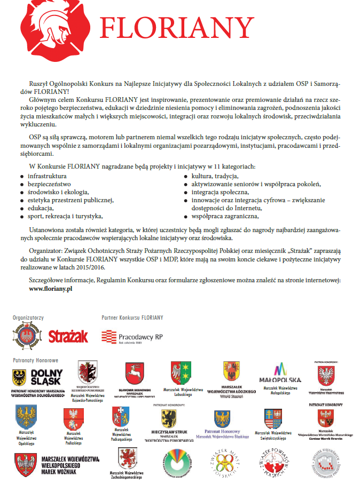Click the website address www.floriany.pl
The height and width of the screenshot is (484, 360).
coord(51,288)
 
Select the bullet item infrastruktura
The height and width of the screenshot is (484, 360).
coord(47,176)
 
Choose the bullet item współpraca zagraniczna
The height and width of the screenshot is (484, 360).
coord(225,216)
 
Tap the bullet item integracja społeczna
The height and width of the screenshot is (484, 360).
coord(220,192)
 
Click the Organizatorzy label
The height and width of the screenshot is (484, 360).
coord(28,318)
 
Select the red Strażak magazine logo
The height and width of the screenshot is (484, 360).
coord(68,336)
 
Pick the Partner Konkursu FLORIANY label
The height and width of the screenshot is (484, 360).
coord(132,318)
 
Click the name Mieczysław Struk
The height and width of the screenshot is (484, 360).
coord(168,432)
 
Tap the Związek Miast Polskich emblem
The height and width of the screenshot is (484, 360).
coord(220,462)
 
